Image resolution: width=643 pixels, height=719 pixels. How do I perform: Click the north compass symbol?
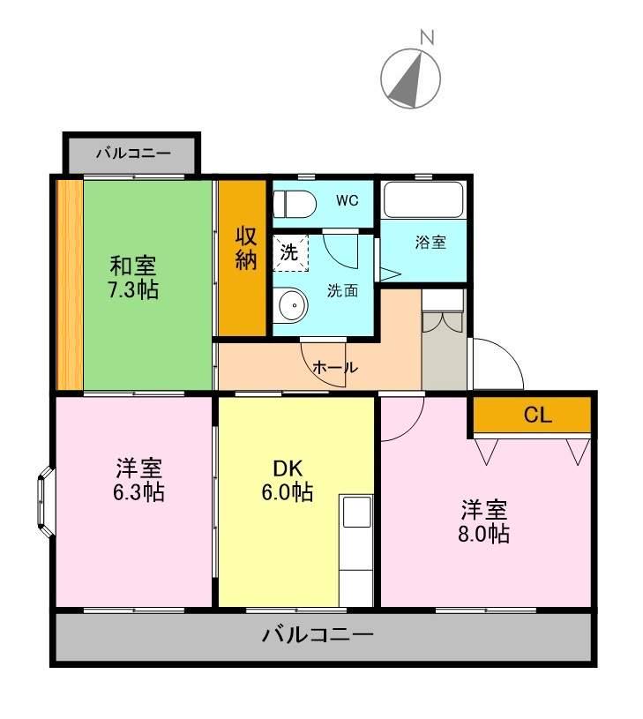(410, 78)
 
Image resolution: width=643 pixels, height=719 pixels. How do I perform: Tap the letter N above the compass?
(427, 38)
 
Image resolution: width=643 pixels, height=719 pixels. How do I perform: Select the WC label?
(347, 200)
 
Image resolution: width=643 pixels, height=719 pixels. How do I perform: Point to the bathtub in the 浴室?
(424, 202)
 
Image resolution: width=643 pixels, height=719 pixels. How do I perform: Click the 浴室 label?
(430, 243)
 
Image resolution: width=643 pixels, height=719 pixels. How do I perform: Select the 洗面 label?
(342, 291)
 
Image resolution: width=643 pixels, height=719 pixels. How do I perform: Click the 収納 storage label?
(245, 250)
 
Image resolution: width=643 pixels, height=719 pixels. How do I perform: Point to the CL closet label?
(537, 416)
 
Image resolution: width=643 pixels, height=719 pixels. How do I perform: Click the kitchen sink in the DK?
(357, 511)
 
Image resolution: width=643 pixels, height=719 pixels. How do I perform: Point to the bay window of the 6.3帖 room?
(45, 505)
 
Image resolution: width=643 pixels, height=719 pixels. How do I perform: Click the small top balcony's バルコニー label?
(132, 154)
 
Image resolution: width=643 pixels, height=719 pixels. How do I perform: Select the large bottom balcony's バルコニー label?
(318, 635)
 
